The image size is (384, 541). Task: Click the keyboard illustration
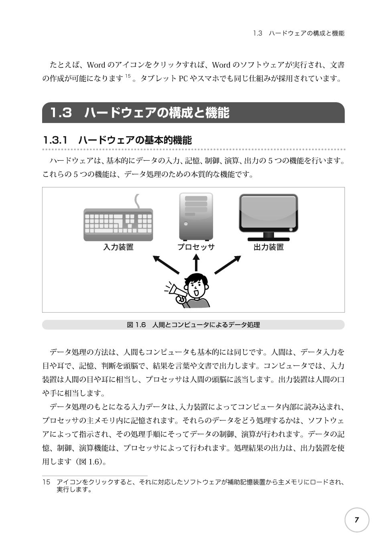[118, 224]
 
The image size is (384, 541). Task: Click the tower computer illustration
[196, 216]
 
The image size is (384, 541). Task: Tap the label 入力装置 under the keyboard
[118, 247]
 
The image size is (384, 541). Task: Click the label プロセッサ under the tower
[196, 247]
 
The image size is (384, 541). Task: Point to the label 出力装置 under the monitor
[268, 247]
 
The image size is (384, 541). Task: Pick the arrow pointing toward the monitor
[228, 264]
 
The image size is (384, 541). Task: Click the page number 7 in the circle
[356, 520]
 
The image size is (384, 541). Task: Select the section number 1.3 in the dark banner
[61, 113]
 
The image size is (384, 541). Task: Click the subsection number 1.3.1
[55, 140]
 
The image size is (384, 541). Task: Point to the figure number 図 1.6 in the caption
[136, 325]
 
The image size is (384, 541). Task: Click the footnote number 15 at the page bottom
[46, 482]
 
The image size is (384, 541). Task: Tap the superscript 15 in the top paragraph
[128, 76]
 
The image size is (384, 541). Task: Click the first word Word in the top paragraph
[96, 65]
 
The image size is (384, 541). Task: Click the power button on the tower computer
[186, 224]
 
